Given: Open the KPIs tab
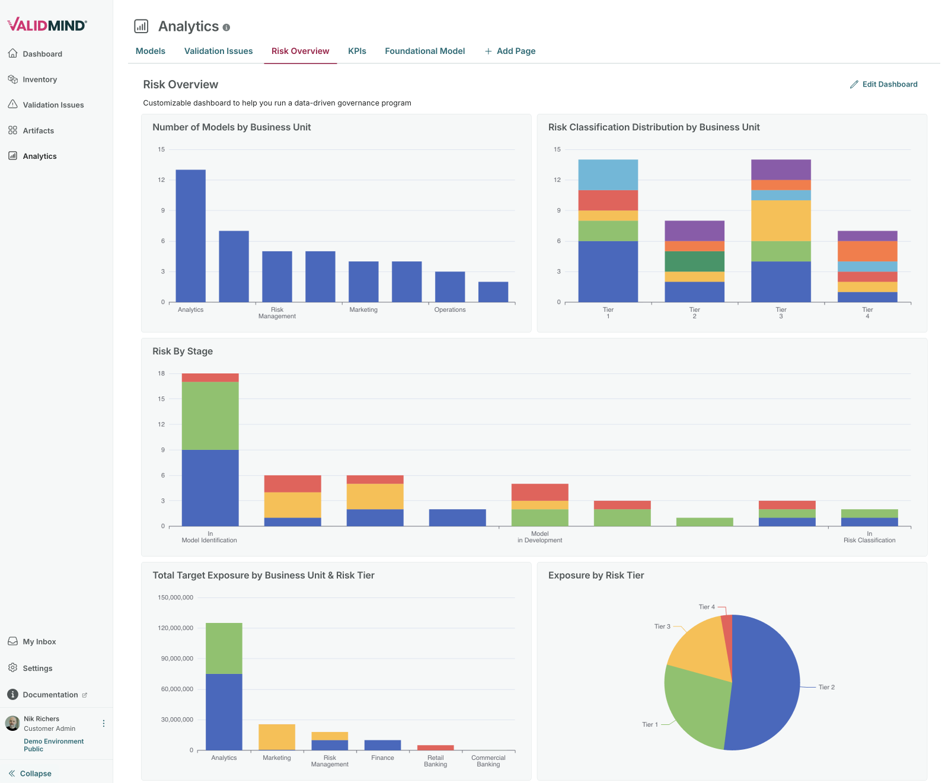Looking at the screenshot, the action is (357, 51).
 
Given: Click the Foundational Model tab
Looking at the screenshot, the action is (424, 51).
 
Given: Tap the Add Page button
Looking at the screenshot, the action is (510, 51).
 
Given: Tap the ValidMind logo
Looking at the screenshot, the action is (47, 24).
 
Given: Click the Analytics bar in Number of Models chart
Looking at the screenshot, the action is (190, 236).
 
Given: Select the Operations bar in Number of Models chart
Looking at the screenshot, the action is (450, 286).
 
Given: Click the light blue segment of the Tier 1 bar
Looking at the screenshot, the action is (608, 175).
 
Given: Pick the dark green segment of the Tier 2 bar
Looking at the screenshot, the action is (694, 261).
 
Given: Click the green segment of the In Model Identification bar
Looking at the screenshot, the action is (210, 416).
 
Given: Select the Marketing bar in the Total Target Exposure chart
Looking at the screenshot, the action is (276, 737).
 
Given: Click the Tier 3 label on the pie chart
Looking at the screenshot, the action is (662, 627).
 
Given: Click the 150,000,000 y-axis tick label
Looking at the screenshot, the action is (175, 597).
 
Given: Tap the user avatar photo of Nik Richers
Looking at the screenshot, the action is (12, 723).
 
